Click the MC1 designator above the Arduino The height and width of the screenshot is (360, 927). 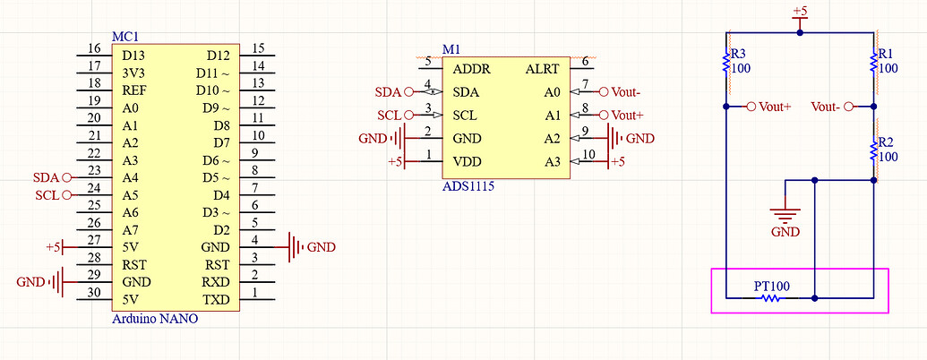(x=124, y=37)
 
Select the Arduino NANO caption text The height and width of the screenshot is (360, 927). (x=155, y=319)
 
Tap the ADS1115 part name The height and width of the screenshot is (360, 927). (x=468, y=186)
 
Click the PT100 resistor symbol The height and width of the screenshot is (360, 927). (x=771, y=296)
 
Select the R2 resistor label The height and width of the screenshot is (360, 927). (x=886, y=142)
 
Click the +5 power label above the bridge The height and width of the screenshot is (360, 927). (x=800, y=12)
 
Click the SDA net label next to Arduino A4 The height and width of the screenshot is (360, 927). (x=45, y=177)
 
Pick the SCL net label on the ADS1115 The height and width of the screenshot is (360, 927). (x=388, y=115)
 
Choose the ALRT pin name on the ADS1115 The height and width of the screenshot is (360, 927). (x=543, y=69)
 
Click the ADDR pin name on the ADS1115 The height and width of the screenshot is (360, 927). (x=472, y=69)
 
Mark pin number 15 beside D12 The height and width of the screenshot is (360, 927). (x=258, y=48)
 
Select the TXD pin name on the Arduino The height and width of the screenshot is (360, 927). (x=216, y=299)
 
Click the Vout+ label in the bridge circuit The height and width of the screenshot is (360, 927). (x=775, y=107)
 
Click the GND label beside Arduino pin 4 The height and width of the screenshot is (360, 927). (x=321, y=247)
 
